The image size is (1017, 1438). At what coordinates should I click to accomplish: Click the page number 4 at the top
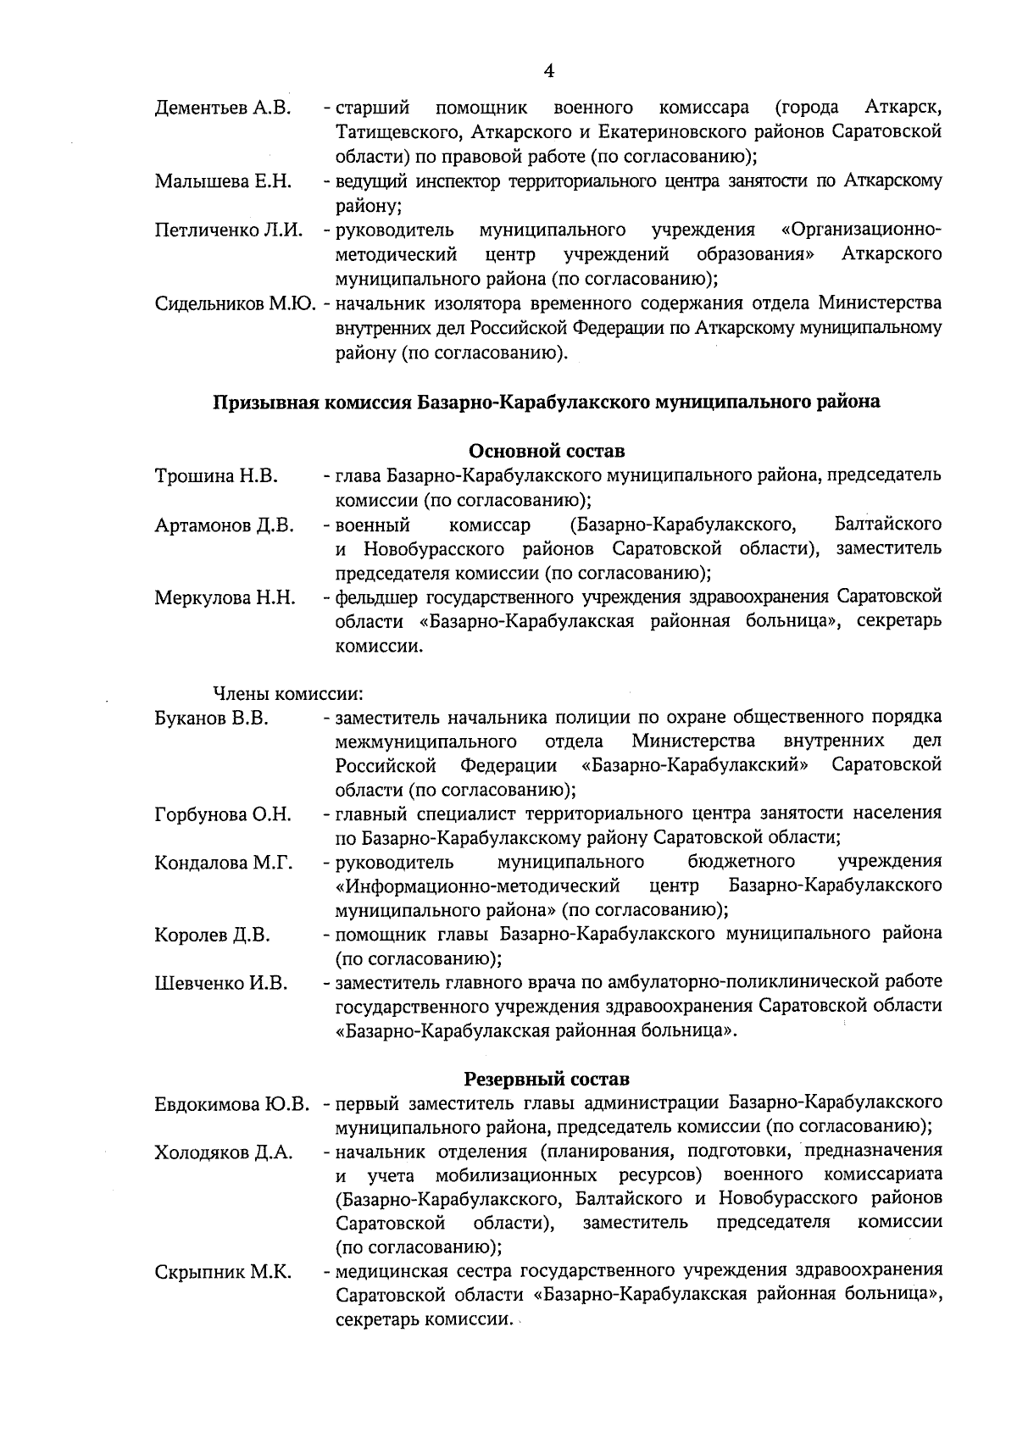pyautogui.click(x=548, y=71)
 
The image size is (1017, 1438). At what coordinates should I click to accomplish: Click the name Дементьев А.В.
pyautogui.click(x=223, y=108)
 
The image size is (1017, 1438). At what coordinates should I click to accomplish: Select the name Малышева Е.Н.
pyautogui.click(x=223, y=181)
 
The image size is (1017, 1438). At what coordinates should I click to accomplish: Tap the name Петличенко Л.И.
pyautogui.click(x=229, y=230)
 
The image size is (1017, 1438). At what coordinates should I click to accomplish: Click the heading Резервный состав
pyautogui.click(x=547, y=1080)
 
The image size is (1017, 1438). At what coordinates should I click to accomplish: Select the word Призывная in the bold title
pyautogui.click(x=262, y=402)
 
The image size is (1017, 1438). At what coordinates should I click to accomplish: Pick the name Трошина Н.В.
pyautogui.click(x=216, y=476)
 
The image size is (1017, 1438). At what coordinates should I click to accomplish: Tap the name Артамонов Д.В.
pyautogui.click(x=225, y=525)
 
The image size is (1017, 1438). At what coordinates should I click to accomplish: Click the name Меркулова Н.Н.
pyautogui.click(x=225, y=598)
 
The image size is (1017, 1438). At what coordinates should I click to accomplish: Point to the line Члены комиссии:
pyautogui.click(x=287, y=694)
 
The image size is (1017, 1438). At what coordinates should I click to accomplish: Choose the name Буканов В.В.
pyautogui.click(x=212, y=719)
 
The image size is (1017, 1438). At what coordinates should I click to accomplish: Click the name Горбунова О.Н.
pyautogui.click(x=223, y=815)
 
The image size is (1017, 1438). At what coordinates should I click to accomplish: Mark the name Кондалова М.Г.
pyautogui.click(x=224, y=863)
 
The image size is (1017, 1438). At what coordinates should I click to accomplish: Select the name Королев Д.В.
pyautogui.click(x=213, y=936)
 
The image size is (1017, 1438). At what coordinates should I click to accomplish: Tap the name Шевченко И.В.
pyautogui.click(x=221, y=984)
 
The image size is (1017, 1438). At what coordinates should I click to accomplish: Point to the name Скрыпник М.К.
pyautogui.click(x=223, y=1273)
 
